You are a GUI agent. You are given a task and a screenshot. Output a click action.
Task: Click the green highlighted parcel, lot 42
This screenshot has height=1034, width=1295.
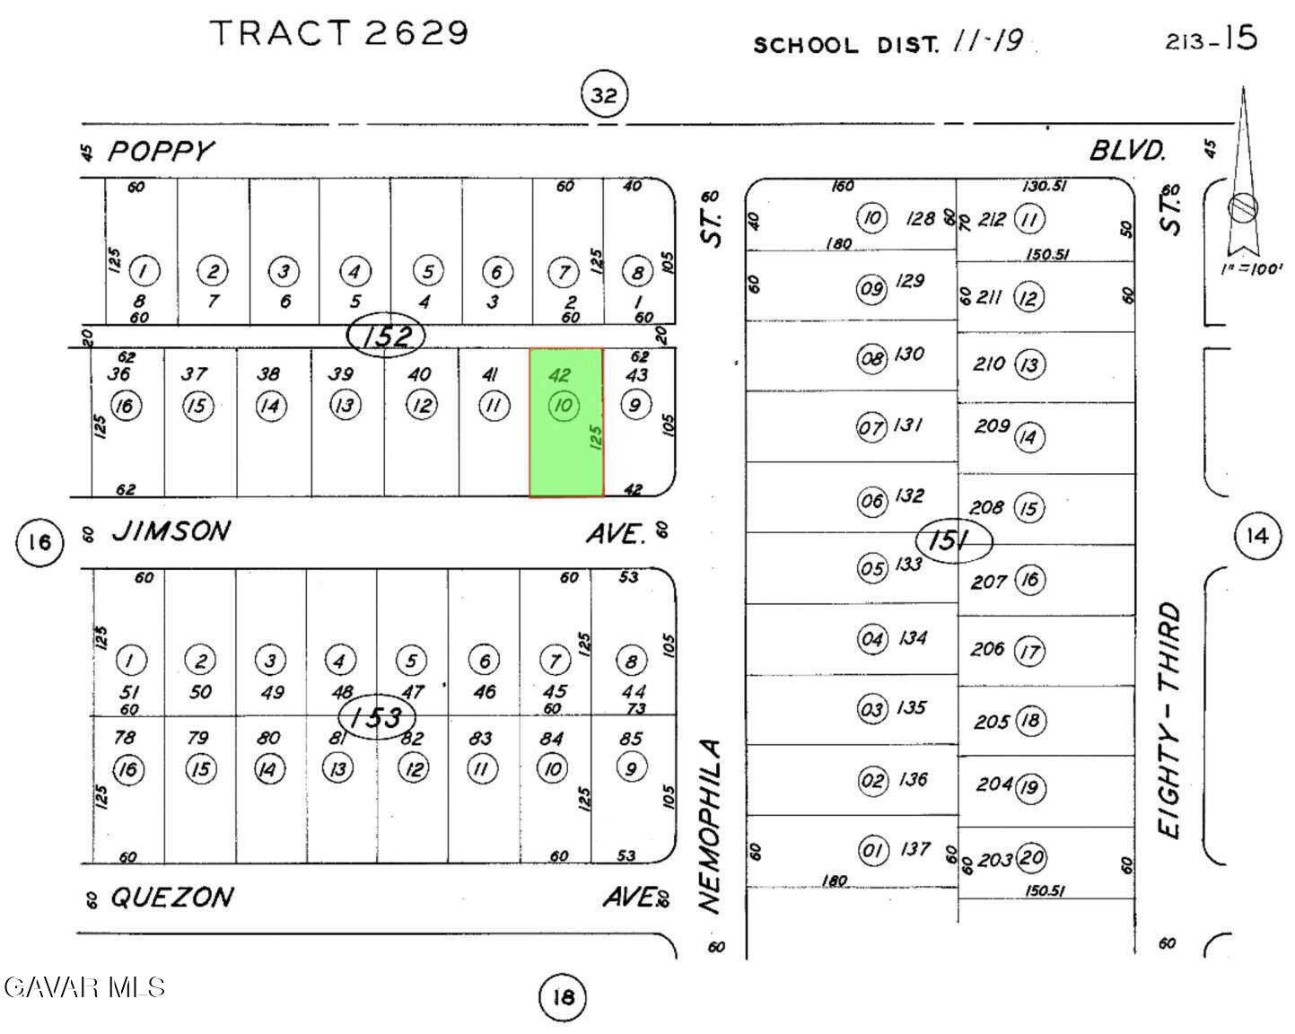(x=565, y=422)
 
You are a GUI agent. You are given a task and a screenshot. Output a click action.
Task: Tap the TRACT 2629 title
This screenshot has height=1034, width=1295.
(x=339, y=33)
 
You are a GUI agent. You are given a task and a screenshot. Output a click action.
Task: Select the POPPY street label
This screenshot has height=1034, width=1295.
(x=162, y=151)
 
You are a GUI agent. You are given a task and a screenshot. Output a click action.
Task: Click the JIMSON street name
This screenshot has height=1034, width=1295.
(x=171, y=531)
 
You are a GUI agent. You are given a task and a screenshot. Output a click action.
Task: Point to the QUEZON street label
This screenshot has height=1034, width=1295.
(x=171, y=897)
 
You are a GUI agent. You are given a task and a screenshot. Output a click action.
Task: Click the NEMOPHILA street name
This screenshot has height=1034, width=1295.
(x=711, y=826)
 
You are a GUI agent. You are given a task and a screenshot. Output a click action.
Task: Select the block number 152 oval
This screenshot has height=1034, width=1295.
(x=386, y=336)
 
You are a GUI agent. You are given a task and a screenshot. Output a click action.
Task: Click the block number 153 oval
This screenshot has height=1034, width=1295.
(x=378, y=717)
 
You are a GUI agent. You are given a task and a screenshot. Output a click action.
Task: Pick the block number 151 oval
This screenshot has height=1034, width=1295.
(x=954, y=541)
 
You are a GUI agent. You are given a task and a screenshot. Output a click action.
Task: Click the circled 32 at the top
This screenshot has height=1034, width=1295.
(x=604, y=95)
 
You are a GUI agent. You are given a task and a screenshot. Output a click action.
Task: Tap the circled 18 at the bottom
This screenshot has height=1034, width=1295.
(x=563, y=997)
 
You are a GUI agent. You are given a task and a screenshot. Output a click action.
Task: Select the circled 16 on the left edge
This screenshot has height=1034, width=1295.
(x=39, y=542)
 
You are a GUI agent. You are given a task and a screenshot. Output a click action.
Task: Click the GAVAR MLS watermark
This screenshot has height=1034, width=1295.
(x=84, y=987)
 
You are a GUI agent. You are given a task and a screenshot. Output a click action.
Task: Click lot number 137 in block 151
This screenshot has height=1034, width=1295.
(x=914, y=849)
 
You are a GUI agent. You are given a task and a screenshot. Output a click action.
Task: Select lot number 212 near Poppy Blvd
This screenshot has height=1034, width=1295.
(x=991, y=219)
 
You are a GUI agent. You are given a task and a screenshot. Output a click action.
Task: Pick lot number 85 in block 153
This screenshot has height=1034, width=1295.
(x=631, y=739)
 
